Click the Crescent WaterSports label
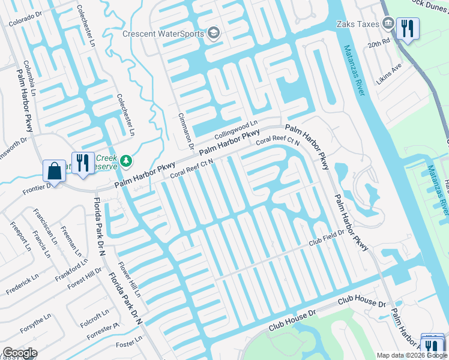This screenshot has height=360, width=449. coord(163,33)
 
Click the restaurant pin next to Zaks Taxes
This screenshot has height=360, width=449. coord(408,28)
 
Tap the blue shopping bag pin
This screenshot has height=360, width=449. coord(54,170)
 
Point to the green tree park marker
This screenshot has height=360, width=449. coord(126,160)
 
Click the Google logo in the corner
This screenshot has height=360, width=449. coord(20,353)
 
